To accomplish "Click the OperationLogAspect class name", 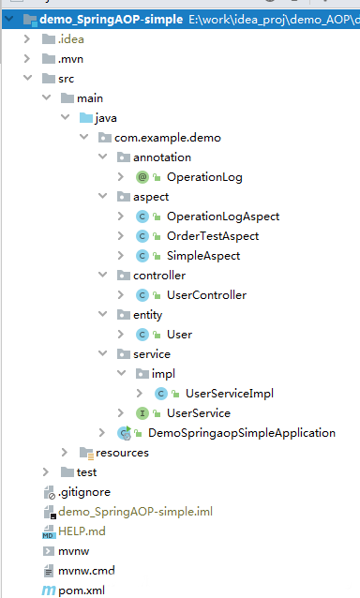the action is click(223, 217).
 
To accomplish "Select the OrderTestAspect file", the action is click(213, 236).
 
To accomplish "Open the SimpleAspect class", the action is click(203, 256).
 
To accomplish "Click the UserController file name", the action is click(206, 295).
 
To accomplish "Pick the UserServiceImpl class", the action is click(230, 394).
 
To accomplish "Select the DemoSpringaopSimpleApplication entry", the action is click(242, 433).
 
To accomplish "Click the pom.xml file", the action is click(82, 591).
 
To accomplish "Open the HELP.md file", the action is click(82, 531).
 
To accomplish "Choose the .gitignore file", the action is click(84, 492).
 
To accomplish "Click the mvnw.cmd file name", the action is click(86, 571).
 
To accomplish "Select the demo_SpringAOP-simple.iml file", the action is click(135, 512).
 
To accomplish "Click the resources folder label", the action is click(122, 453).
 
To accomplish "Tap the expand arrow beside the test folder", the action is click(46, 472).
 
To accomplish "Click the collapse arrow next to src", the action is click(28, 78).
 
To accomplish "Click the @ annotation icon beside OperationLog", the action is click(142, 177).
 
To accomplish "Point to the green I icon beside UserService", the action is click(142, 413).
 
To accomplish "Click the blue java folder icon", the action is click(86, 118).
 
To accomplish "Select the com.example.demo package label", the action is click(168, 138).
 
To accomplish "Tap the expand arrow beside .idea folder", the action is click(27, 39).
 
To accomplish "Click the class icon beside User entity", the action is click(142, 335).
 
